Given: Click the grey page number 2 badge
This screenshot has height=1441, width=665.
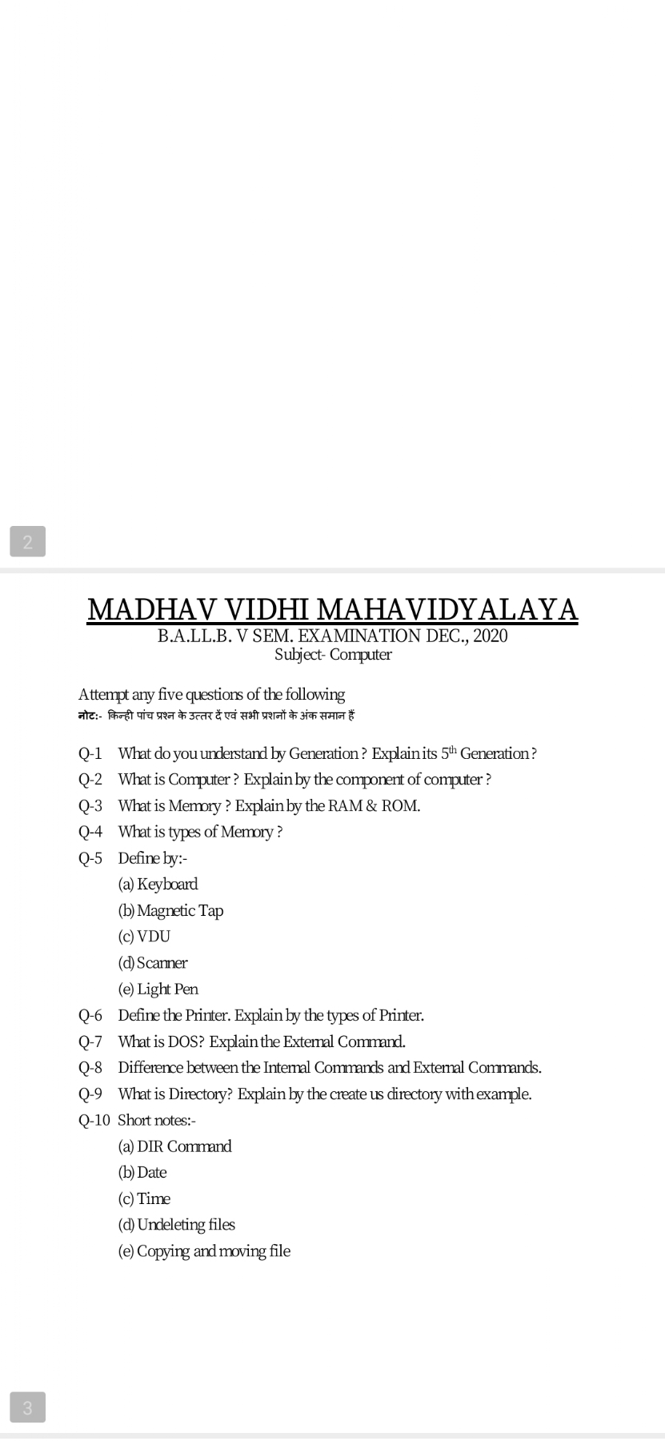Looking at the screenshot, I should click(28, 542).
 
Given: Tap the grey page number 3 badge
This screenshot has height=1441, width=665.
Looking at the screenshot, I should click(28, 1407).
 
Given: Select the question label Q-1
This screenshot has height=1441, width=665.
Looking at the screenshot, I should click(90, 753).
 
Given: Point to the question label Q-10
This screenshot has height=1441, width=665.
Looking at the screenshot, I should click(94, 1120).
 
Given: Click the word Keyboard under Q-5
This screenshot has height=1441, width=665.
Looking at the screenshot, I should click(167, 885).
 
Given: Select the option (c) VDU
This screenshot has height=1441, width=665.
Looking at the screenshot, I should click(145, 937).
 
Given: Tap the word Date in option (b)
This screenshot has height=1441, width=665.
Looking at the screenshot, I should click(152, 1173).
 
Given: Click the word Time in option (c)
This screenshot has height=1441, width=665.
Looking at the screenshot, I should click(154, 1199).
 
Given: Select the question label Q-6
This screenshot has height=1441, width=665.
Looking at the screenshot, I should click(90, 1016).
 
